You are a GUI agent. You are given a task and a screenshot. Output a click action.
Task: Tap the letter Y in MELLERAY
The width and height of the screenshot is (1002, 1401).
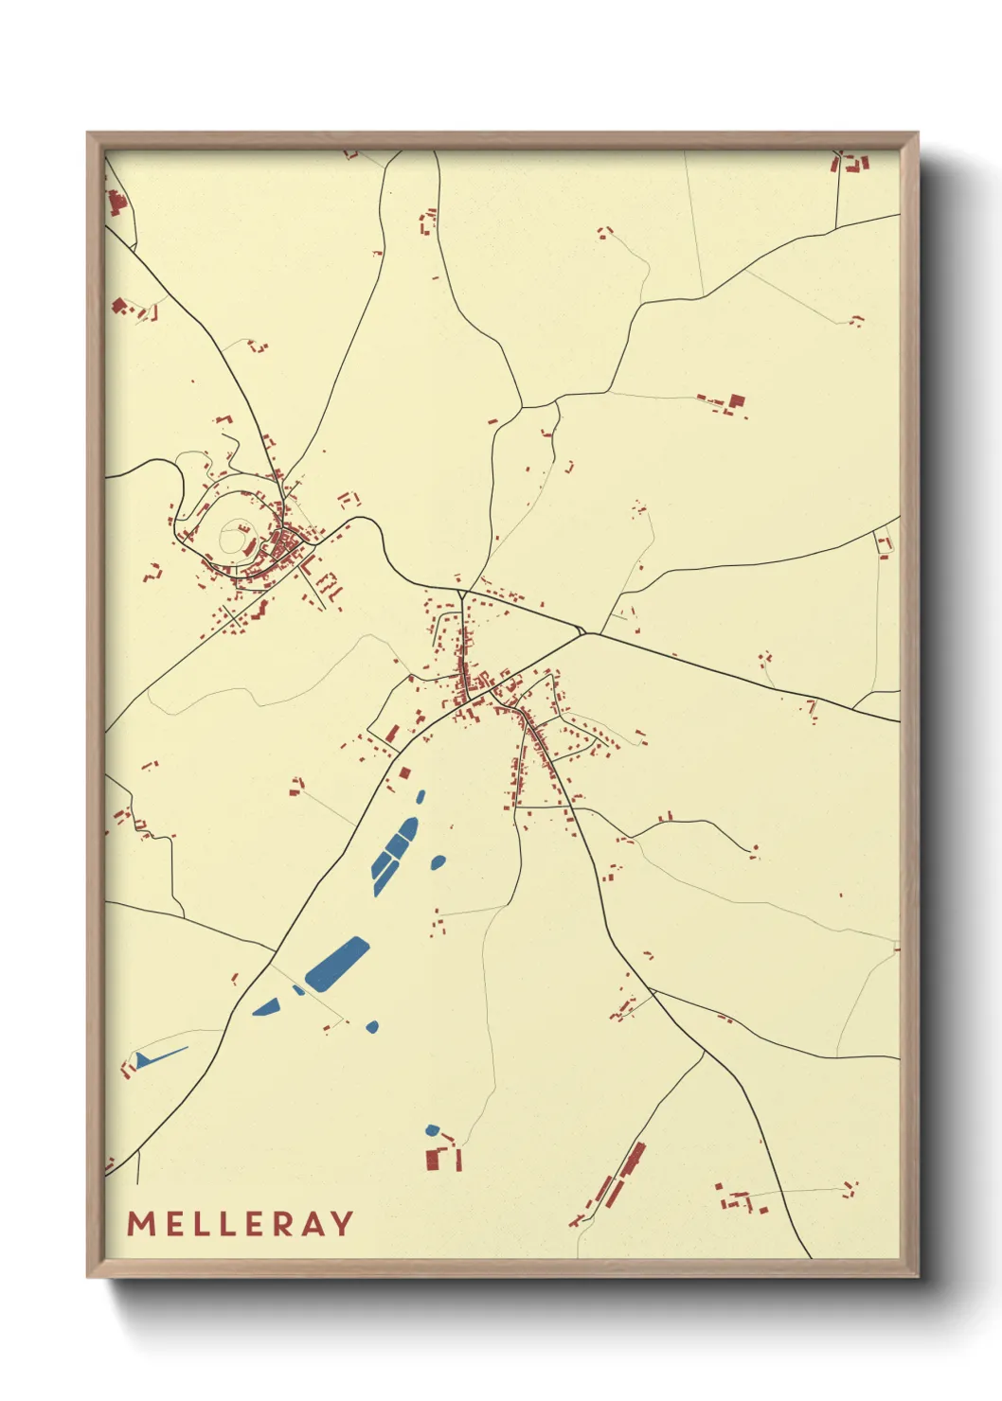tap(342, 1224)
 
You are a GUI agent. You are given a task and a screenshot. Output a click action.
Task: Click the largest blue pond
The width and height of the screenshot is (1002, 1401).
tap(337, 964)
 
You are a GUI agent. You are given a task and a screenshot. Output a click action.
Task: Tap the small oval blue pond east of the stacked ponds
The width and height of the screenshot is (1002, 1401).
tap(438, 861)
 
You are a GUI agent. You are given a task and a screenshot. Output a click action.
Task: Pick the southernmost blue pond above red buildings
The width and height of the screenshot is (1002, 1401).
tap(433, 1129)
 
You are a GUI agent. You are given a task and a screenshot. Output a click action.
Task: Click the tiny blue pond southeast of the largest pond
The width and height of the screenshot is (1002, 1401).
tap(372, 1026)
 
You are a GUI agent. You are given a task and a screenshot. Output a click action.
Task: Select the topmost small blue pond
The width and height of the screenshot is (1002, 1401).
tap(420, 796)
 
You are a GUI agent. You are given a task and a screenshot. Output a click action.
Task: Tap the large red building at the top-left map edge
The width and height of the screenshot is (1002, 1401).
tap(116, 204)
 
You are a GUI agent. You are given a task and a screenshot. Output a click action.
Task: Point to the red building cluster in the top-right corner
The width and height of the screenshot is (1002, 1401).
tap(850, 163)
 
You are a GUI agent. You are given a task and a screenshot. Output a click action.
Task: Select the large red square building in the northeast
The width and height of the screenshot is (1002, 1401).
tap(737, 400)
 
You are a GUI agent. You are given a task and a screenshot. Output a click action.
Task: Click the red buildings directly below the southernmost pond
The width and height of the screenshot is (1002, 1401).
tap(443, 1158)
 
